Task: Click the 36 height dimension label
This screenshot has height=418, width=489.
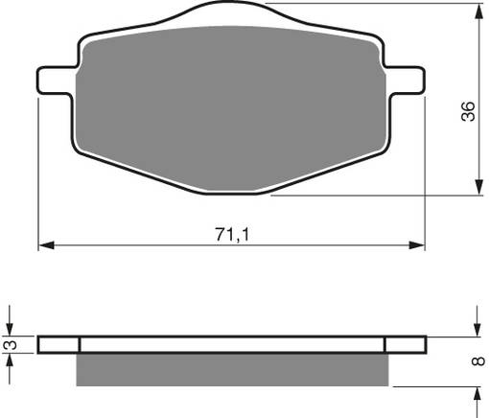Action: click(467, 111)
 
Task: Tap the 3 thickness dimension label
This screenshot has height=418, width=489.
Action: click(10, 344)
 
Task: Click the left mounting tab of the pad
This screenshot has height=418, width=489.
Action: click(54, 81)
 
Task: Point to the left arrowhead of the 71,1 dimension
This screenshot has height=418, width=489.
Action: click(45, 245)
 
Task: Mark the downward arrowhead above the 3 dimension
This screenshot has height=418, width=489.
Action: click(10, 329)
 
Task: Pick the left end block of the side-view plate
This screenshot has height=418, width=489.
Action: click(59, 344)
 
